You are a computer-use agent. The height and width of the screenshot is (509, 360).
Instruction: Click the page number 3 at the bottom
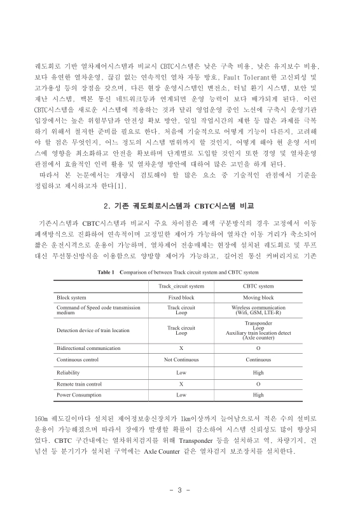click(180, 490)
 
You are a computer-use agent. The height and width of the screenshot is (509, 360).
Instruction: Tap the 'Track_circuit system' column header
click(181, 286)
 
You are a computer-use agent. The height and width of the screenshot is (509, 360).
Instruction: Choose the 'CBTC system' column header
click(258, 286)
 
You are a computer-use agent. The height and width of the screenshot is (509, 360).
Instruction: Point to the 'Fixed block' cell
click(181, 298)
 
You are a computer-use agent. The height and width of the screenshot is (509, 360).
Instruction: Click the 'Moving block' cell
click(258, 298)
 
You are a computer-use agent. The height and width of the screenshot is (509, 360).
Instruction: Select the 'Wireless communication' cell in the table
click(258, 307)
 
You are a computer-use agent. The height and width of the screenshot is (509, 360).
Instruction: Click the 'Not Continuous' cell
click(181, 359)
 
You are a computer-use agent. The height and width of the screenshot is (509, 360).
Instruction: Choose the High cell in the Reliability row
click(258, 372)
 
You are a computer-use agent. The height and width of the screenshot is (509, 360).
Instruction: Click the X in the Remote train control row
click(181, 383)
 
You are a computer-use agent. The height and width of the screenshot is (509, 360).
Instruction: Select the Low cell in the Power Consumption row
click(181, 394)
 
